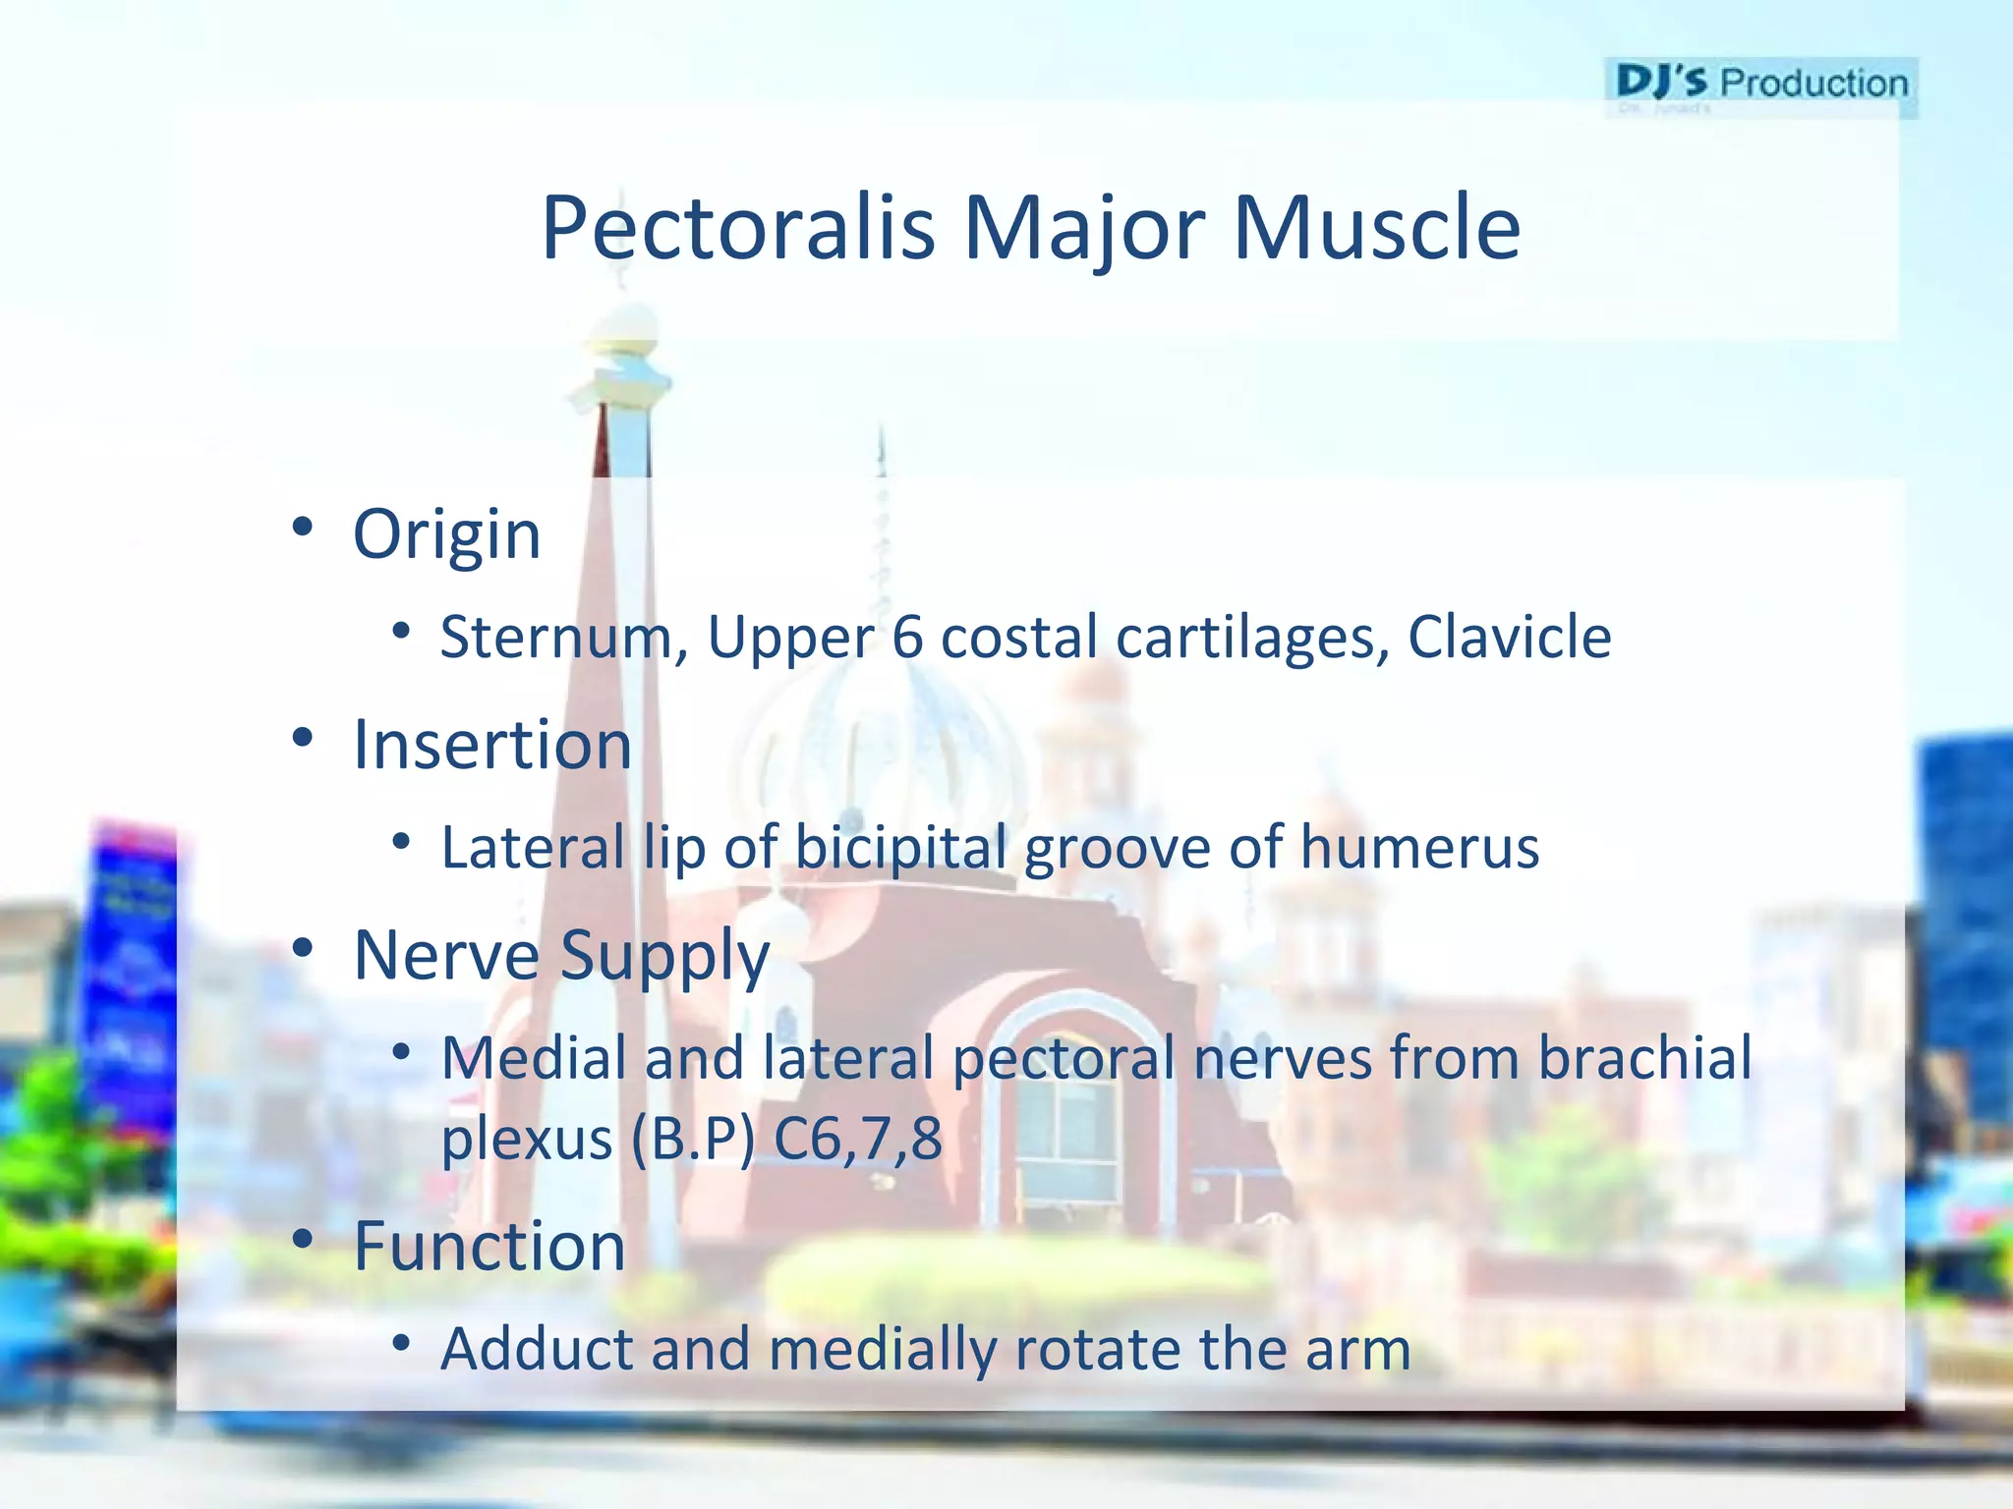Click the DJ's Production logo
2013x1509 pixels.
coord(1760,85)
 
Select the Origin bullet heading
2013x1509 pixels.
coord(446,535)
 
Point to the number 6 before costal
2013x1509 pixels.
coord(907,637)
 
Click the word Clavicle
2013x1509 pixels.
coord(1509,637)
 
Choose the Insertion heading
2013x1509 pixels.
coord(491,745)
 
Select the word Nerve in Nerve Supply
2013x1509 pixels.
coord(446,955)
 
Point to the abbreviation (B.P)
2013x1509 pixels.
coord(692,1140)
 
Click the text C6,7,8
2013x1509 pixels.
coord(857,1140)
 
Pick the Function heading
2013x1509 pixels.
coord(489,1246)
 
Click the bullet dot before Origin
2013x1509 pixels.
coord(302,528)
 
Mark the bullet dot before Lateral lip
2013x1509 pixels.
coord(400,841)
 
